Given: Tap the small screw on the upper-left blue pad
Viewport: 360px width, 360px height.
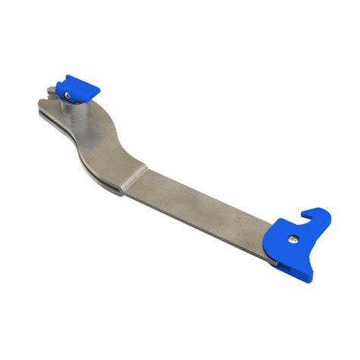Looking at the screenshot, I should pyautogui.click(x=69, y=95).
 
